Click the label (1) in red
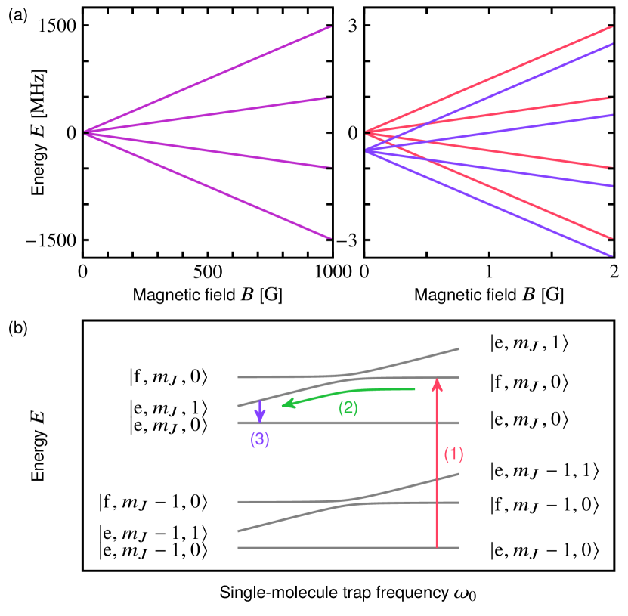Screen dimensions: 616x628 [x=453, y=454]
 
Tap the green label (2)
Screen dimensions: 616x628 [x=348, y=408]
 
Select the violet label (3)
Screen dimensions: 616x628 [x=260, y=439]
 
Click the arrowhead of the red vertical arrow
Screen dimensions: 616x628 [x=437, y=384]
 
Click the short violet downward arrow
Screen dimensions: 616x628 [x=260, y=411]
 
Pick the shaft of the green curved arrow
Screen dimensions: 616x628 [x=355, y=392]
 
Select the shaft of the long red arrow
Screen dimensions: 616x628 [x=437, y=469]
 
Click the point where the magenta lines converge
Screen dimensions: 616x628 [x=86, y=133]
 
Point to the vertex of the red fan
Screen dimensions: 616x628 [x=368, y=132]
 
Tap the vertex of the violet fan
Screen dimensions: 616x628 [x=368, y=151]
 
